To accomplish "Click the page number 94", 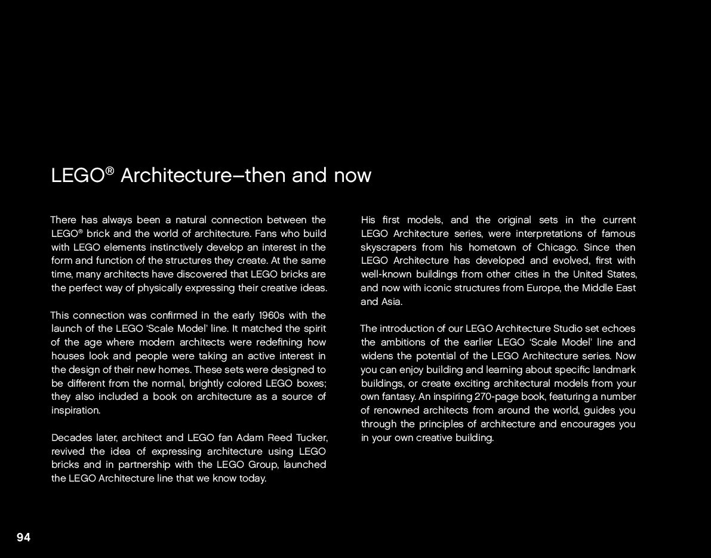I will [x=23, y=538].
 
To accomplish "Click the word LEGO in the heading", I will [x=78, y=176].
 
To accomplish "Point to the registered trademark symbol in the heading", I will [x=109, y=171].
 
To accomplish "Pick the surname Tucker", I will [x=312, y=437].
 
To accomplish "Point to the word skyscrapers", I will [x=389, y=247].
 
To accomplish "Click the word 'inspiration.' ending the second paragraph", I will [x=76, y=410].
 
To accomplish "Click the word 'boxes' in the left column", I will [x=310, y=383].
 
